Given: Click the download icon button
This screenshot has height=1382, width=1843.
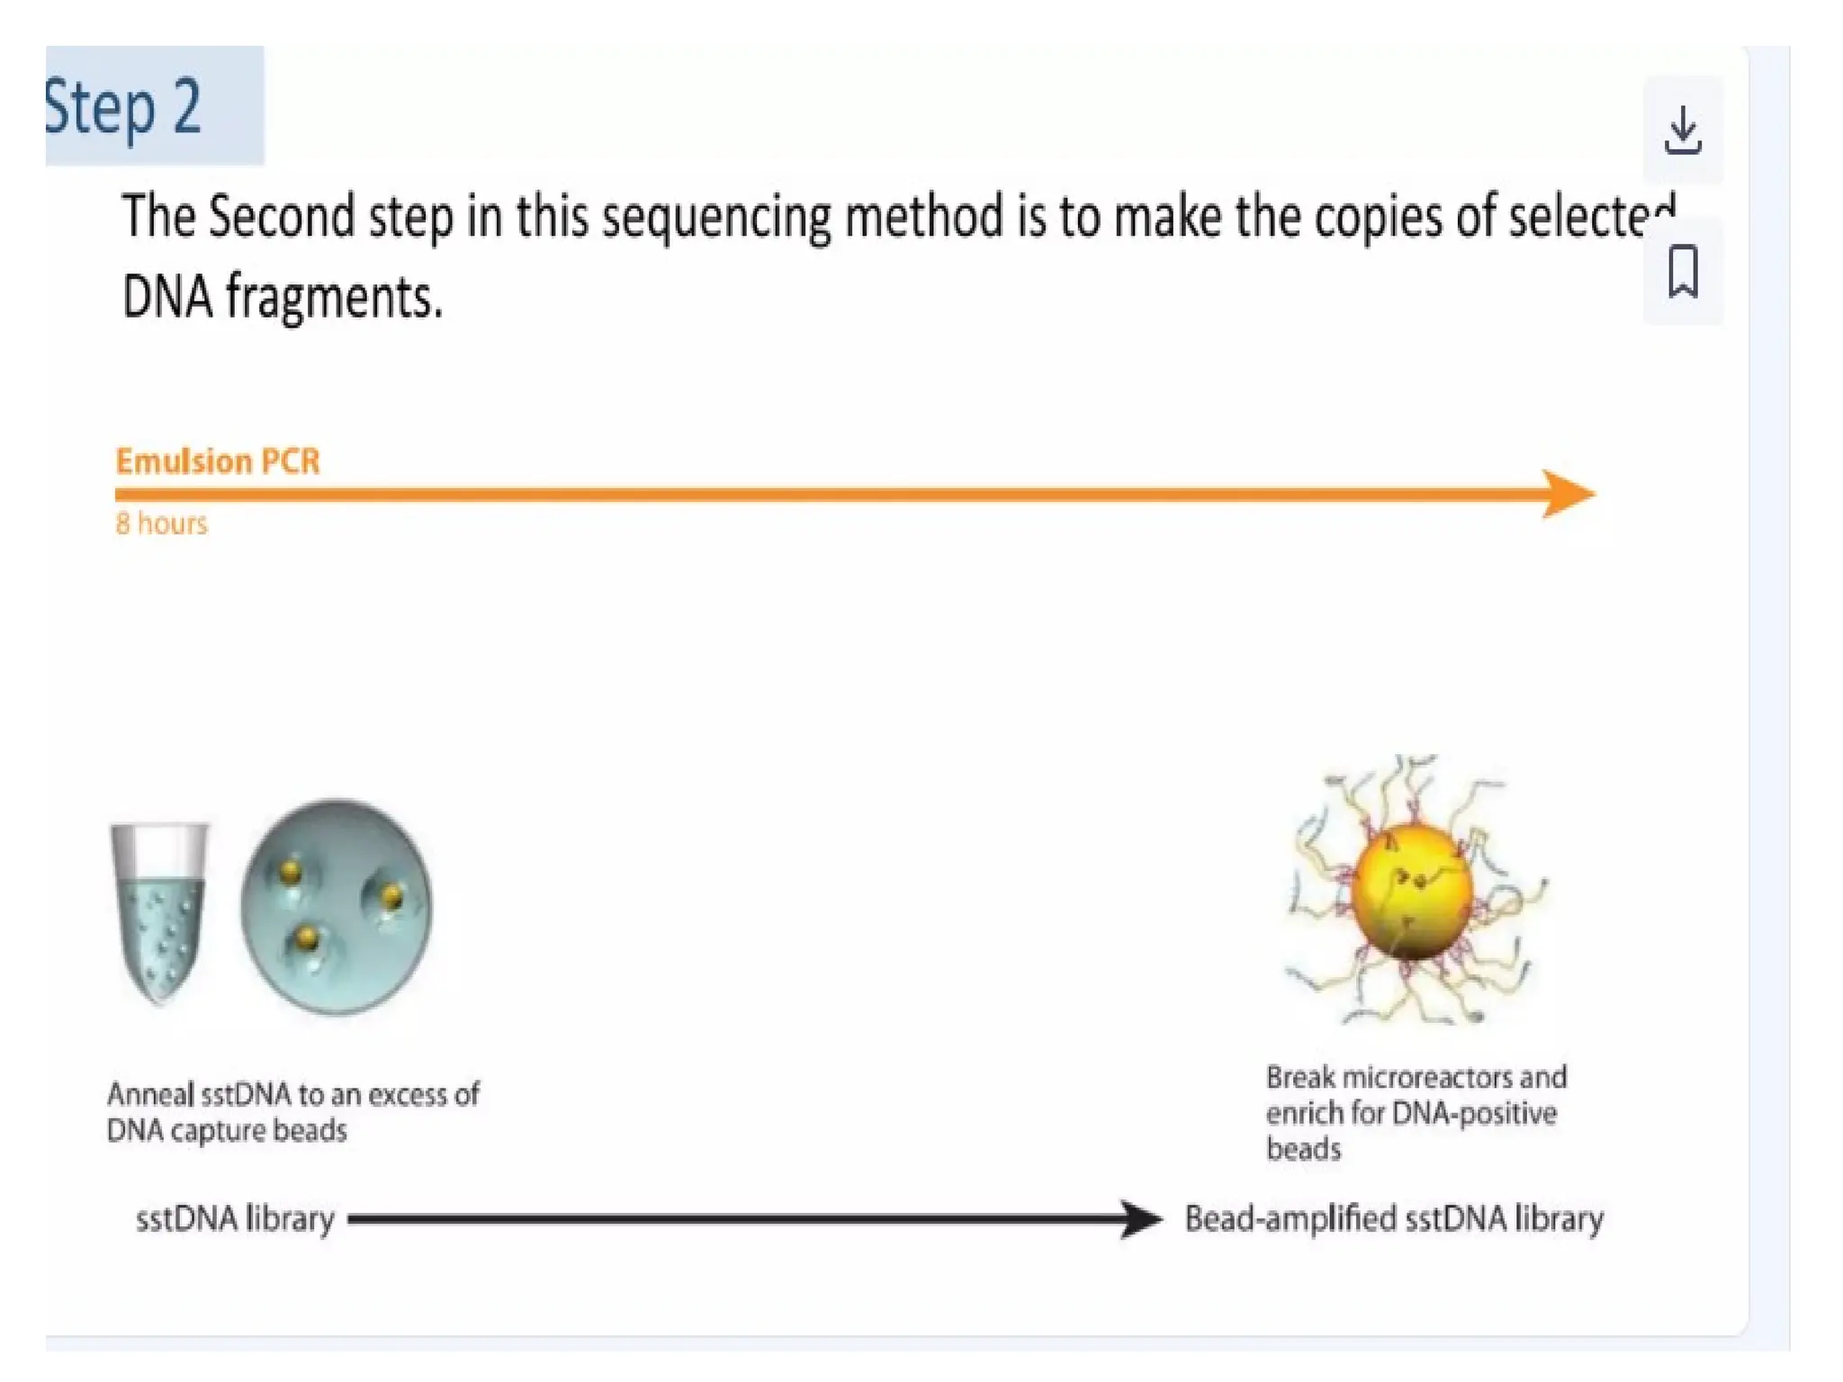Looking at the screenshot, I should pyautogui.click(x=1682, y=131).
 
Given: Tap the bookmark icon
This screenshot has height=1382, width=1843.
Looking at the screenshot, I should pyautogui.click(x=1682, y=271).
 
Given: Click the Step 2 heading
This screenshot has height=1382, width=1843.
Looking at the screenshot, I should pyautogui.click(x=123, y=107).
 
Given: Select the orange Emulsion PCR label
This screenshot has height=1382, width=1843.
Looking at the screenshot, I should pyautogui.click(x=218, y=462).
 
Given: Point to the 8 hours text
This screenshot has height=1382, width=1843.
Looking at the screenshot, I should pyautogui.click(x=162, y=524).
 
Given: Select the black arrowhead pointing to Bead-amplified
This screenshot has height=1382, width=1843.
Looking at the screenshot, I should pyautogui.click(x=1141, y=1219).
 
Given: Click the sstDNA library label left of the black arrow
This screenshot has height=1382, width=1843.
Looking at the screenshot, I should pyautogui.click(x=235, y=1219).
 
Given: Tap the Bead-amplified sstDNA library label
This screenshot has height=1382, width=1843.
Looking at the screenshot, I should pyautogui.click(x=1393, y=1219).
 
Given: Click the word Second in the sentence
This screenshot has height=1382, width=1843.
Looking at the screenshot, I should pyautogui.click(x=282, y=217).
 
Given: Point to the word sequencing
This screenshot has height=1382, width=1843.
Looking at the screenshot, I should pyautogui.click(x=715, y=219).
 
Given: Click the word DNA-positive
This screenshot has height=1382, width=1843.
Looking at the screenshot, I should pyautogui.click(x=1473, y=1114).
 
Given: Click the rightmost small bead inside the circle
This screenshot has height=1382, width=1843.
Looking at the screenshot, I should pyautogui.click(x=392, y=896).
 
